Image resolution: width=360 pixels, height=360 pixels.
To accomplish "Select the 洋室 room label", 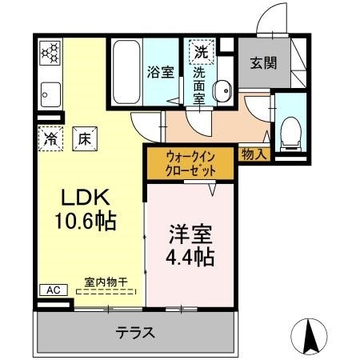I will tap(190, 236).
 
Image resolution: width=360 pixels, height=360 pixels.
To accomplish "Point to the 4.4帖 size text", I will tap(190, 258).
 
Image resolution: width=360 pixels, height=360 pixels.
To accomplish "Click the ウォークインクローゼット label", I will tap(190, 162).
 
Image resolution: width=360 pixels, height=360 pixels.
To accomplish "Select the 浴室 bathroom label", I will tap(159, 71).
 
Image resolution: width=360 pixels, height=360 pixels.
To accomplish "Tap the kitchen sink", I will tap(49, 94).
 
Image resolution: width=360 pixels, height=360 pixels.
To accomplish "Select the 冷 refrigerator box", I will tap(50, 137).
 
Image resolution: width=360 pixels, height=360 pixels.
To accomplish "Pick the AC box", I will tap(50, 290).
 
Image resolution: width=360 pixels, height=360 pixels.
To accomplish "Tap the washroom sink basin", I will tap(224, 90).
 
